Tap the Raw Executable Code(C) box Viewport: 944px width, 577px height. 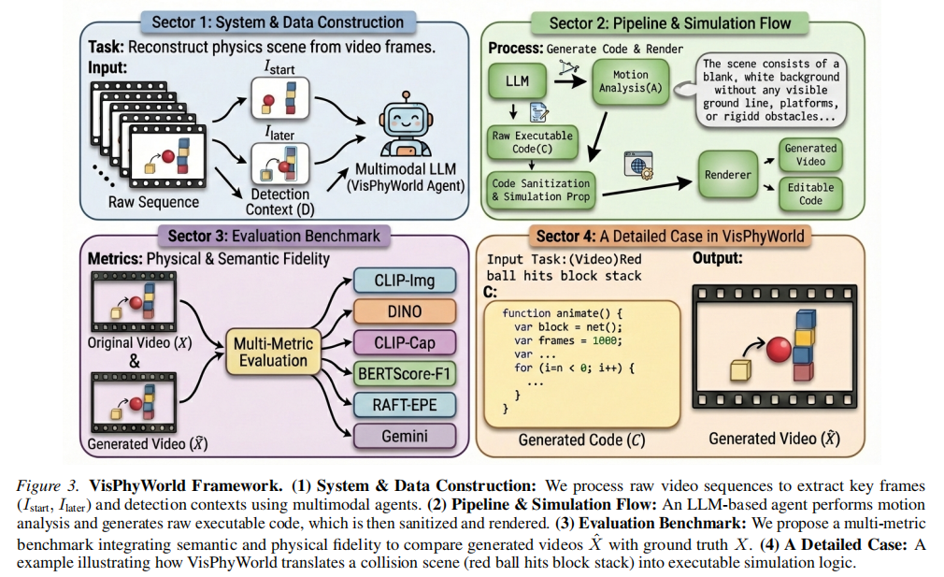pyautogui.click(x=533, y=143)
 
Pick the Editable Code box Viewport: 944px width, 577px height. pyautogui.click(x=810, y=194)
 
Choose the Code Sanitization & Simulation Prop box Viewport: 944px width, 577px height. pyautogui.click(x=541, y=191)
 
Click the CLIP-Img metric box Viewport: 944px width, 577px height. pyautogui.click(x=405, y=280)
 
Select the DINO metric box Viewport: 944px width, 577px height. pyautogui.click(x=405, y=311)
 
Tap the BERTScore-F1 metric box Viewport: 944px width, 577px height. pyautogui.click(x=405, y=373)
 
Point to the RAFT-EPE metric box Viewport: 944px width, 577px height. pyautogui.click(x=405, y=404)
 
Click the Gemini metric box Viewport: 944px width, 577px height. pyautogui.click(x=405, y=435)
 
